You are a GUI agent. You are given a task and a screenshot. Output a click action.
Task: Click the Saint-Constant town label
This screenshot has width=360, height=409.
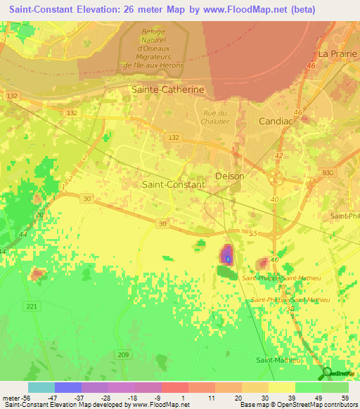pos(174,184)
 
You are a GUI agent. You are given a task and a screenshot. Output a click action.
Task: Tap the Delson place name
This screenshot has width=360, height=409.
pos(229,176)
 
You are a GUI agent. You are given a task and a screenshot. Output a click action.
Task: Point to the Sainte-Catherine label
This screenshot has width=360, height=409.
pos(168,89)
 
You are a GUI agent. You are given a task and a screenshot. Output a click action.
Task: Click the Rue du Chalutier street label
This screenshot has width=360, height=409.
pos(217,117)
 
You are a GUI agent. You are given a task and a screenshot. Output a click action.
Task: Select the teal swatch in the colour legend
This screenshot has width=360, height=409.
pos(41,387)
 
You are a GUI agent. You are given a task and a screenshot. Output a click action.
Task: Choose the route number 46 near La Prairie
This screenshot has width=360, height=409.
pos(311,65)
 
